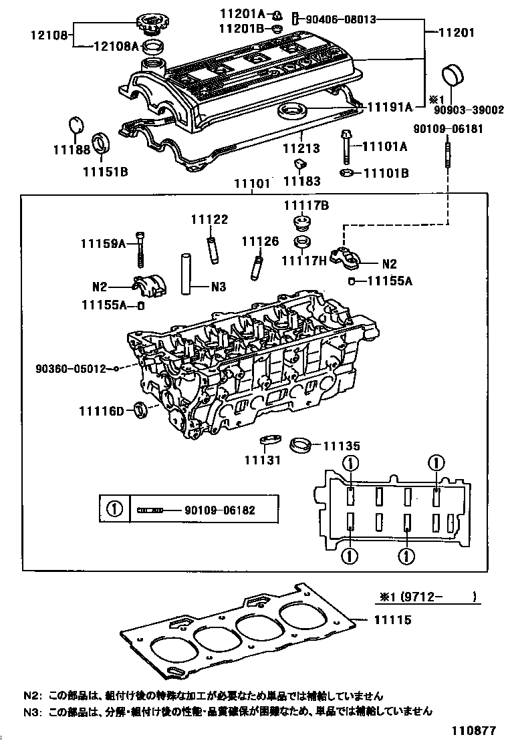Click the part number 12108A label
(116, 45)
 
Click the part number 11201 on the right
(458, 32)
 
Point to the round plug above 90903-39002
(453, 75)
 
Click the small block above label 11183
(300, 164)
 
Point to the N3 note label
(219, 287)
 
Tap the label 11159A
(104, 245)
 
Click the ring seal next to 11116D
(142, 409)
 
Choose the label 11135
(342, 445)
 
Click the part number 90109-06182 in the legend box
(220, 510)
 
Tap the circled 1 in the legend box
(114, 510)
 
